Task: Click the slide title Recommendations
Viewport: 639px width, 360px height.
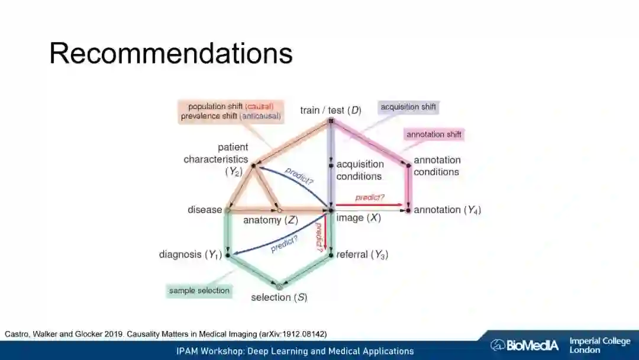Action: click(x=171, y=53)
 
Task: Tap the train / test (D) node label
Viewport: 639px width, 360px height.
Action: click(x=330, y=110)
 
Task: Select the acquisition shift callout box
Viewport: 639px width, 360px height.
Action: click(x=408, y=107)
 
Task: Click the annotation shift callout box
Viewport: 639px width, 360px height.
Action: click(x=434, y=134)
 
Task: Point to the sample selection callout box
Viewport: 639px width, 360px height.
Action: click(x=199, y=291)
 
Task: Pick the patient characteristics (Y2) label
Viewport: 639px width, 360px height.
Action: click(x=216, y=159)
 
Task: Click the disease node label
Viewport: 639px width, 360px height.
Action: click(x=205, y=210)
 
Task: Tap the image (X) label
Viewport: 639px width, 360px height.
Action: click(x=359, y=218)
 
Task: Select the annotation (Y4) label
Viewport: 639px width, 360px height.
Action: click(x=447, y=210)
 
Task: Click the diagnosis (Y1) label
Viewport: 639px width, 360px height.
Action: click(x=190, y=255)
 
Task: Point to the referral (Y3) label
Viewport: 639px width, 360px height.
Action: click(x=362, y=255)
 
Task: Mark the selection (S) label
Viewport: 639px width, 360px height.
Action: click(x=279, y=297)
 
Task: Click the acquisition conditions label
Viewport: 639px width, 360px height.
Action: click(x=360, y=170)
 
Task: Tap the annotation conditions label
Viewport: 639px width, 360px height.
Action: click(x=437, y=166)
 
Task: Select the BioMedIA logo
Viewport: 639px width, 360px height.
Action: click(x=524, y=345)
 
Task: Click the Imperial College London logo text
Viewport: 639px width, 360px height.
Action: click(x=599, y=345)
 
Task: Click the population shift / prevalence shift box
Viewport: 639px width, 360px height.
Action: click(x=231, y=111)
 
